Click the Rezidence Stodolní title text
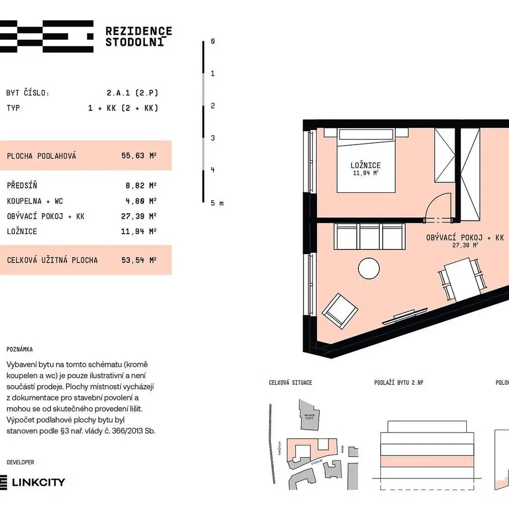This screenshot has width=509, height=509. (x=138, y=37)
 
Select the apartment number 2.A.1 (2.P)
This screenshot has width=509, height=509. (x=132, y=93)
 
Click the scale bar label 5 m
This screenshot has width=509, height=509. (x=217, y=203)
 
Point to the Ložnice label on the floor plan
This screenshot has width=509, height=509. (x=365, y=165)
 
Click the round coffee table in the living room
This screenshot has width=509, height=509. (x=369, y=267)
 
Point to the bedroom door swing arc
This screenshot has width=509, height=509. (x=438, y=206)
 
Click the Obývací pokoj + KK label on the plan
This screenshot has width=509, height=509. (x=464, y=238)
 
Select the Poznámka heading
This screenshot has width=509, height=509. (x=20, y=350)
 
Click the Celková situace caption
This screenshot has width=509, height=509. (x=291, y=382)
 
